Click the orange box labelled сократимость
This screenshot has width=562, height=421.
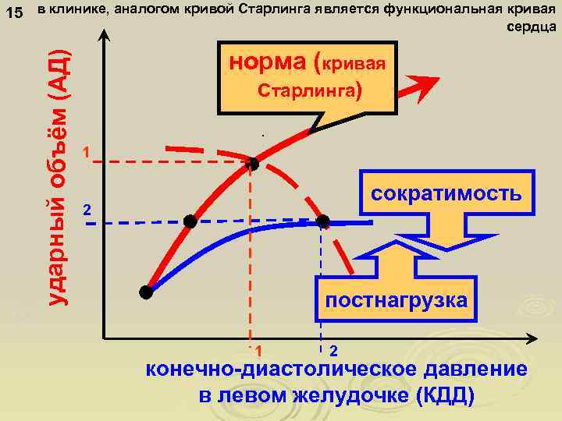pos(446,193)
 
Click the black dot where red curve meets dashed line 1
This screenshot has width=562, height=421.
pos(251,164)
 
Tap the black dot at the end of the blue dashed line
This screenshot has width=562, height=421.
pos(324,221)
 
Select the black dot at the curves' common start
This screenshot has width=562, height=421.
pos(145,292)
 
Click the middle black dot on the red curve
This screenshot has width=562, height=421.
pos(190,221)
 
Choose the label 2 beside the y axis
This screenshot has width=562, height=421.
pos(87,210)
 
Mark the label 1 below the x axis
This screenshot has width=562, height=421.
pos(258,350)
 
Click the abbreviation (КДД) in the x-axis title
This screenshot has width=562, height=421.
pos(445,394)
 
